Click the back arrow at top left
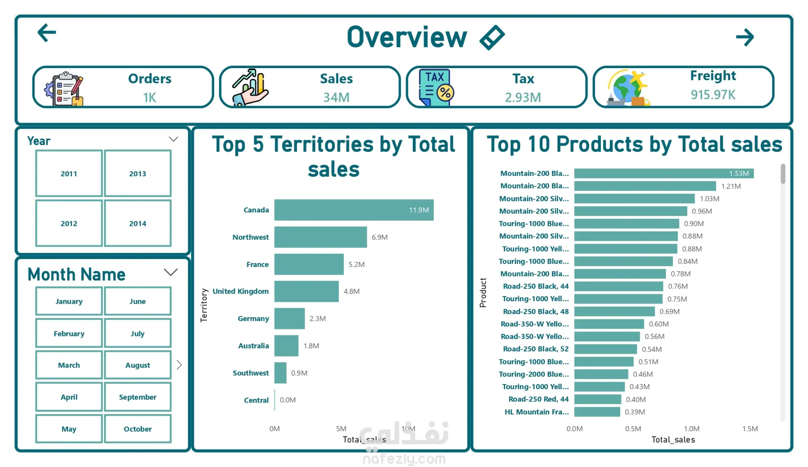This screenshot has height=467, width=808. [x=47, y=33]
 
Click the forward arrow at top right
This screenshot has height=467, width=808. [x=745, y=37]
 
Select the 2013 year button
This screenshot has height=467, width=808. [x=138, y=173]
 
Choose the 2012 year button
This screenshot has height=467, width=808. [x=69, y=223]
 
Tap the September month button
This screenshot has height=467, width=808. [x=138, y=397]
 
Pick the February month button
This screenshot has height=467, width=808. [x=69, y=334]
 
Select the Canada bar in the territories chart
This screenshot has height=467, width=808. [x=354, y=210]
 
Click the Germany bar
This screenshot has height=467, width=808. [x=290, y=318]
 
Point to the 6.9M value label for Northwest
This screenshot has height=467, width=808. [x=380, y=237]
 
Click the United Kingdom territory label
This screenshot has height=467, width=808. [x=240, y=291]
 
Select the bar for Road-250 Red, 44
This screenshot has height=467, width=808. [x=598, y=399]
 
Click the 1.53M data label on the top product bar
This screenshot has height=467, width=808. [x=739, y=173]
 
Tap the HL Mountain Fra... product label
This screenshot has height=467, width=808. [x=537, y=412]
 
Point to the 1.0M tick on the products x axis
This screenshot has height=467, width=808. [x=691, y=429]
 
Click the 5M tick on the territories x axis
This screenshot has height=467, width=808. [x=341, y=429]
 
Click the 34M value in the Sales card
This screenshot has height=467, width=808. [x=336, y=98]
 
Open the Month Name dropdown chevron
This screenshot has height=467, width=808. [x=170, y=272]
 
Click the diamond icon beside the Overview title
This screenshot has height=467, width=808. [x=492, y=37]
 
